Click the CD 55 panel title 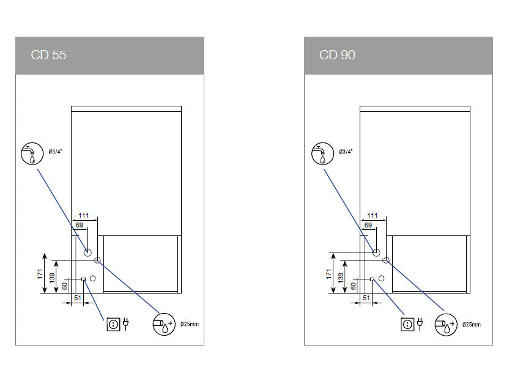(49, 55)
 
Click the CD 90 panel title (337, 55)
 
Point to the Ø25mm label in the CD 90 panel (471, 323)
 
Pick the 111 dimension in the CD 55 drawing (84, 215)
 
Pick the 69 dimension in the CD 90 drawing (368, 226)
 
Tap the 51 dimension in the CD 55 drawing (78, 298)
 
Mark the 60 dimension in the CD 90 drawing (353, 285)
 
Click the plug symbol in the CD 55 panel (125, 323)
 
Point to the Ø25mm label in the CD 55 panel (190, 323)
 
